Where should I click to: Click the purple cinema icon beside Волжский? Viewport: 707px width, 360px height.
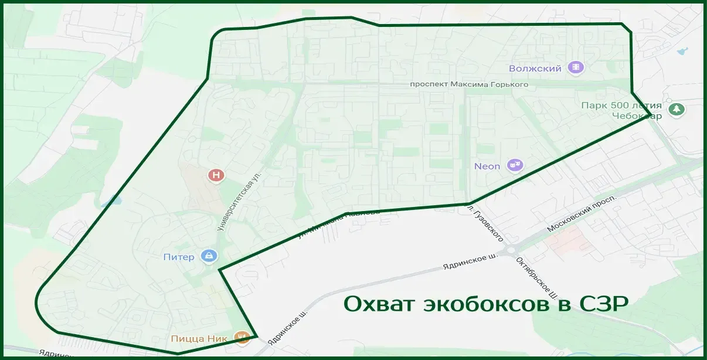pos(577,68)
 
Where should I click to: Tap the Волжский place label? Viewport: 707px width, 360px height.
pos(535,69)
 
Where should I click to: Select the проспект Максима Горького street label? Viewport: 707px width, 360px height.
pos(469,84)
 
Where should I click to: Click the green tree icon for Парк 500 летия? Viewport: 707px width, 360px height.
pos(677,109)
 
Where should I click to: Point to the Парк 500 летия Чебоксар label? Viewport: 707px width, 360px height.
pos(621,110)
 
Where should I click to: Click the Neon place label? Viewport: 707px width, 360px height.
pos(487,166)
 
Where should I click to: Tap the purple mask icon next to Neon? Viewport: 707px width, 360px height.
pos(515,165)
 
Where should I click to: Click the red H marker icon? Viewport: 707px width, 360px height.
pos(216,175)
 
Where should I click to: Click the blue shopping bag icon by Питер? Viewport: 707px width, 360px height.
pos(209,256)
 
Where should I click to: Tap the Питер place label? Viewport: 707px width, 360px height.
pos(179,257)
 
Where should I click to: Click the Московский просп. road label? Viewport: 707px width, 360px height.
pos(582,214)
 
